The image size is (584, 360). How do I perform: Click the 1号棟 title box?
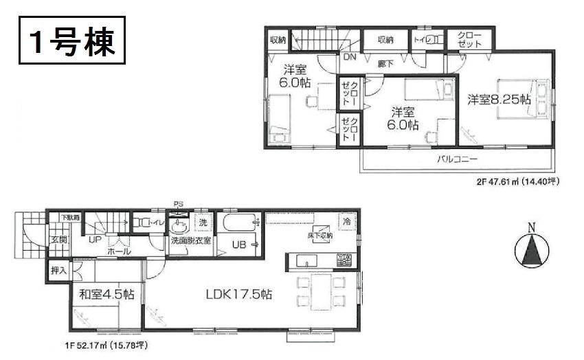(68, 43)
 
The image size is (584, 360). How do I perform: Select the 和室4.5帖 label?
(106, 294)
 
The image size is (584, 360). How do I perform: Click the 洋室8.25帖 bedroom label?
(499, 100)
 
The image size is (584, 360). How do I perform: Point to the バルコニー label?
(458, 159)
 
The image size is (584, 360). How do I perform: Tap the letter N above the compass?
(532, 227)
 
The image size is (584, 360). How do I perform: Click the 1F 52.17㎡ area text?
(106, 344)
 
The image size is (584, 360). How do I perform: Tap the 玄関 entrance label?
(57, 240)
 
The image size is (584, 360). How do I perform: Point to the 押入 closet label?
(58, 270)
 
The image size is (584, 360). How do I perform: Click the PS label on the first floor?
(179, 204)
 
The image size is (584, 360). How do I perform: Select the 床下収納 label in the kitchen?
(321, 236)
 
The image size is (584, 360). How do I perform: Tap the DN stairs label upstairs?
(349, 57)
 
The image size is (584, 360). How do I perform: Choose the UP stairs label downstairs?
(94, 240)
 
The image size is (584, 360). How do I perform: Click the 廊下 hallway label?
(385, 63)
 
